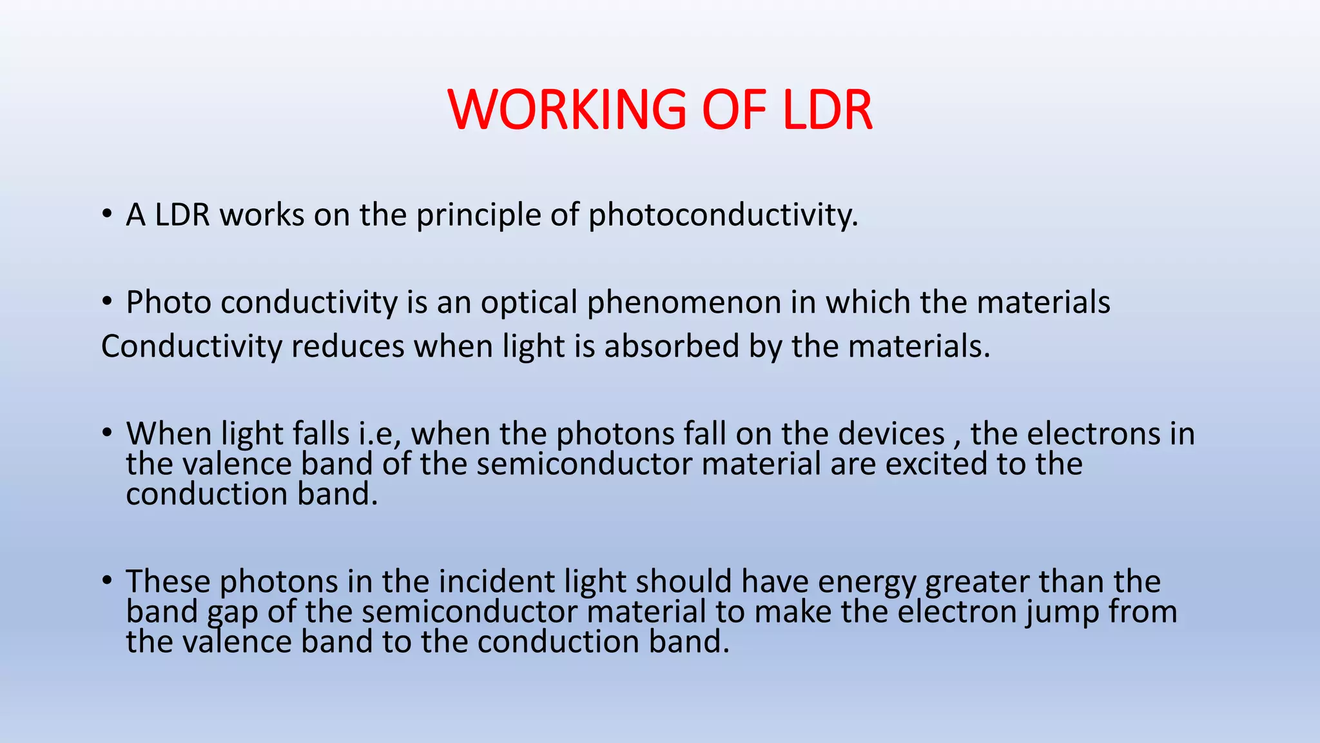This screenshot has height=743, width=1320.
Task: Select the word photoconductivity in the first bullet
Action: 723,215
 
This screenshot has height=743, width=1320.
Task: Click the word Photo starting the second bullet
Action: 168,302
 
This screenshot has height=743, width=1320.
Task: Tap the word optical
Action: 529,302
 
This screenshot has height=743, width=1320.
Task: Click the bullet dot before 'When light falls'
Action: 107,433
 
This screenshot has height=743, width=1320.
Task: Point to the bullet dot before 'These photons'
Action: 107,580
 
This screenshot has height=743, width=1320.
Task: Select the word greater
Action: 977,581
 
